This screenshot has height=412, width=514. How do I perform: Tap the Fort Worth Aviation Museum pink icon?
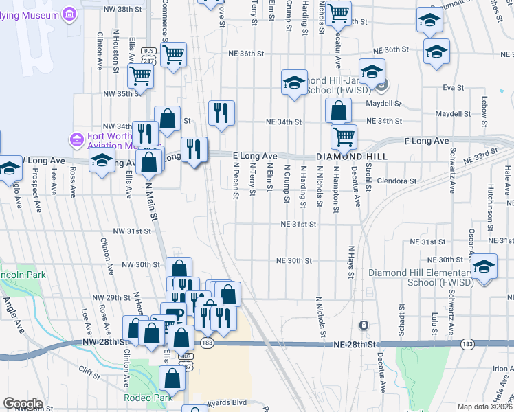click(x=76, y=139)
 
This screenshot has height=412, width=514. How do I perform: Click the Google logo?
click(x=23, y=404)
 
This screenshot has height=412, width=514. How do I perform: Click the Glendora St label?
click(x=397, y=181)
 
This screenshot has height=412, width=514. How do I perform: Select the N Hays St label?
click(x=350, y=262)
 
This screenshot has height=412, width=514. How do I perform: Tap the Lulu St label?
click(x=435, y=321)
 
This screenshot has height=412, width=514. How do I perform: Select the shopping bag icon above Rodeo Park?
click(x=172, y=376)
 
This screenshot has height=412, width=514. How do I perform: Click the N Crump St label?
click(x=287, y=183)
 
